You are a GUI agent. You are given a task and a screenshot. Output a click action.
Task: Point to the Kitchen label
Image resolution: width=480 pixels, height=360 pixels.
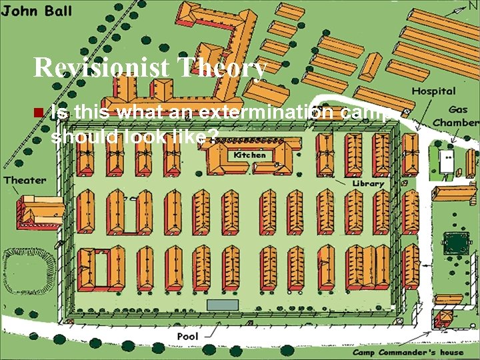249,155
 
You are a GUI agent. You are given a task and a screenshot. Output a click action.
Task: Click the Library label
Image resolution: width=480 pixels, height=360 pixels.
368,183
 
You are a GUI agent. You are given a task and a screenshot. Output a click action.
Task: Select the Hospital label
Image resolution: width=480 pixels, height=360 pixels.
433,91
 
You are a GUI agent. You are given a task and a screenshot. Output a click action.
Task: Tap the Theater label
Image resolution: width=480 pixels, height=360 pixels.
25,180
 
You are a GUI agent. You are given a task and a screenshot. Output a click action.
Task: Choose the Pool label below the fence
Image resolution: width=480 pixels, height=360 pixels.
187,337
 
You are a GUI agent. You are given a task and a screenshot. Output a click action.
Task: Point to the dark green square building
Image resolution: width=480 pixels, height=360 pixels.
455,243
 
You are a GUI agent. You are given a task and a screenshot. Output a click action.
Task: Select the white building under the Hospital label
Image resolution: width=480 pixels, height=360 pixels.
445,161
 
